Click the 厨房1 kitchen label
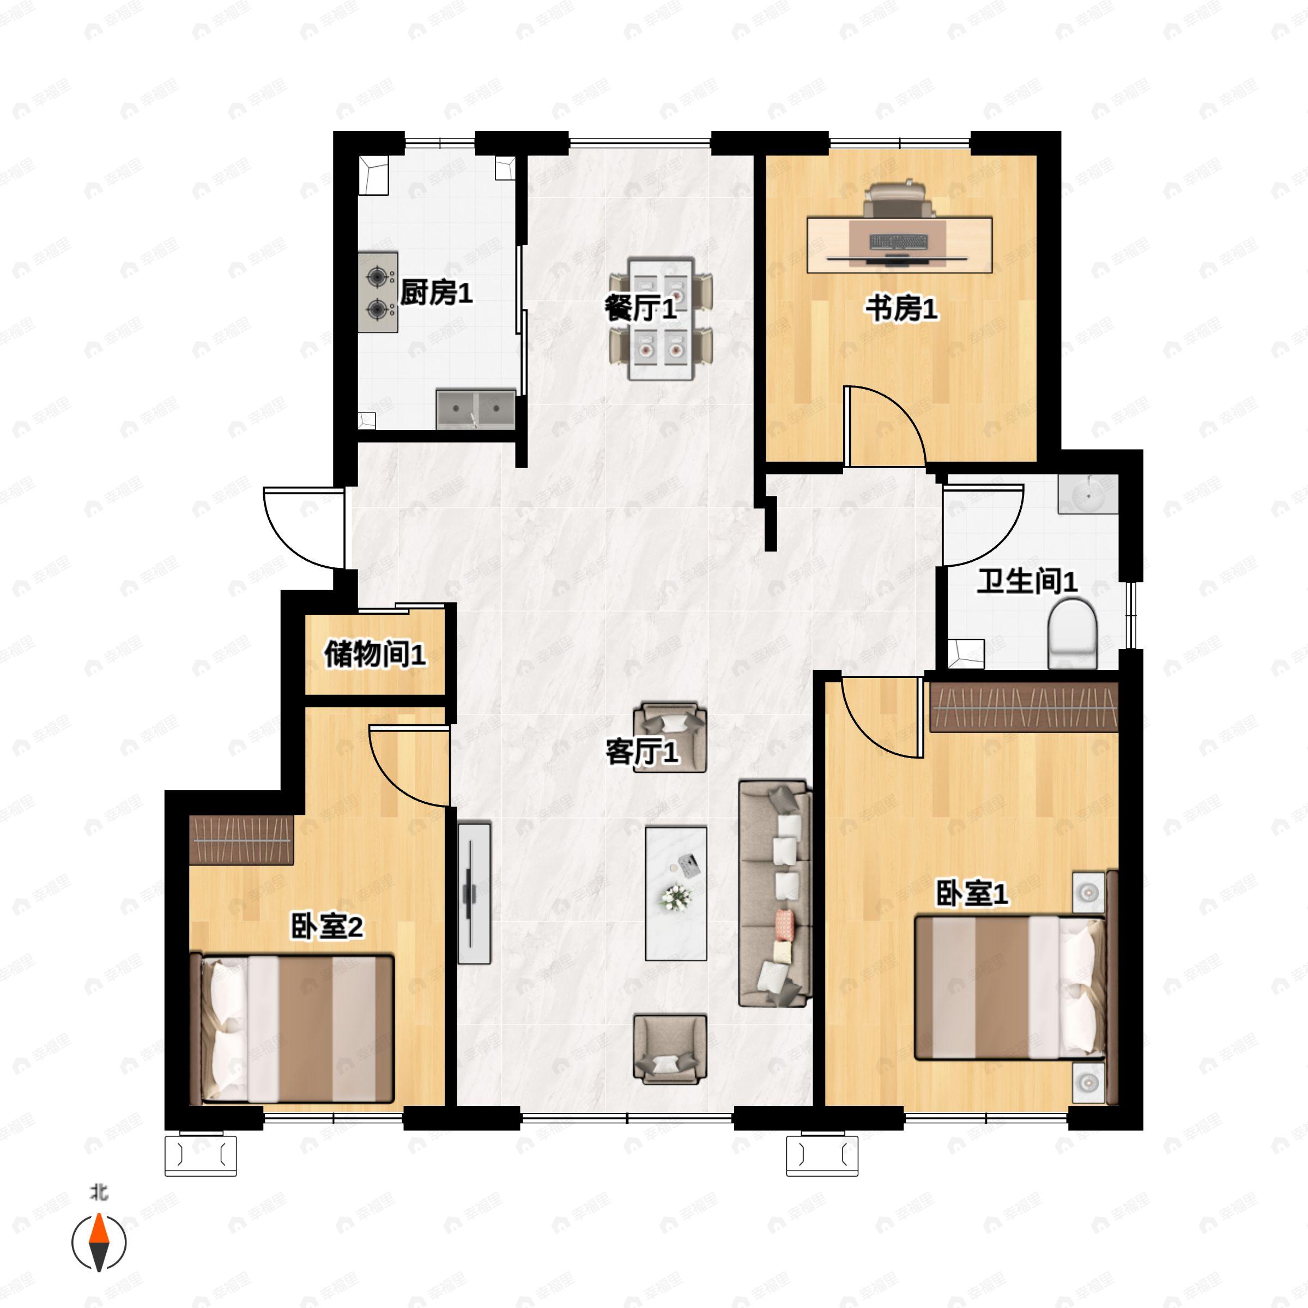(436, 293)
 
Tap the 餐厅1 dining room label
(640, 308)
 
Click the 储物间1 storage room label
(375, 654)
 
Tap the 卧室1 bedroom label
(972, 893)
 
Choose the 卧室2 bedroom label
(327, 926)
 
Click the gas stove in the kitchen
(378, 293)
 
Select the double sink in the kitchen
(476, 409)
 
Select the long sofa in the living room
(775, 894)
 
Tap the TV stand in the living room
(474, 892)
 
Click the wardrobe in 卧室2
(241, 839)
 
